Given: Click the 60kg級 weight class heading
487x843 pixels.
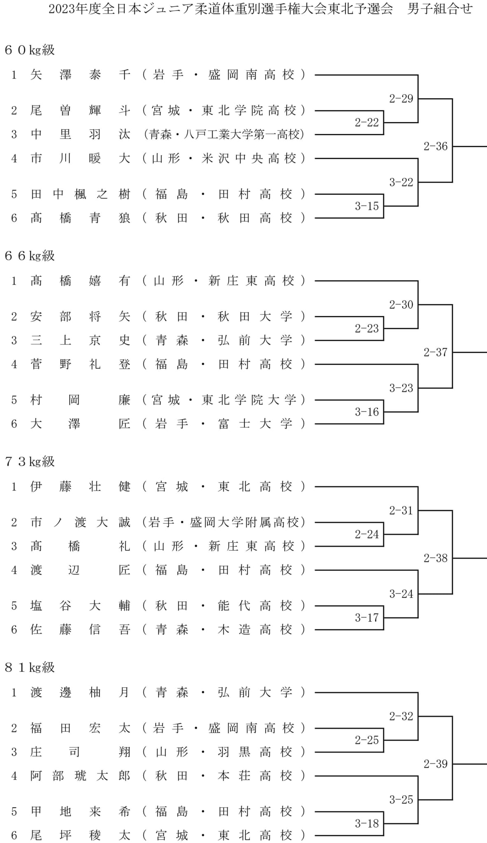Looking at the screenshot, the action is (x=30, y=50).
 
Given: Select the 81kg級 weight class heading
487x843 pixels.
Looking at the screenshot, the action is (x=30, y=668).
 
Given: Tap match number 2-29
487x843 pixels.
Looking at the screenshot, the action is (x=401, y=98).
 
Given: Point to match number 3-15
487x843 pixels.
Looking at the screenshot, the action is (x=367, y=206).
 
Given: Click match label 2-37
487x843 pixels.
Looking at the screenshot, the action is (x=436, y=352).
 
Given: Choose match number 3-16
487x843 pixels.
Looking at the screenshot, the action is (x=367, y=412).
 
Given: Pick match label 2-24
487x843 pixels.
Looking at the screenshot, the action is (x=367, y=534).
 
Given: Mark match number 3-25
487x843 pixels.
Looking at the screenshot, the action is (x=401, y=799).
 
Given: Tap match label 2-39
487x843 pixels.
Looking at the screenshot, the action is (x=436, y=764).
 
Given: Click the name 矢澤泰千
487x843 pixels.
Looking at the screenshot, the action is (x=80, y=75).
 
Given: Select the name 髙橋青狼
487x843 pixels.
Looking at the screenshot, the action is (x=80, y=218).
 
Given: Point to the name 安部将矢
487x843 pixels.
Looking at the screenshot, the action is (x=80, y=317).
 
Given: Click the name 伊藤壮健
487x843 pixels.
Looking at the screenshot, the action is (x=80, y=487).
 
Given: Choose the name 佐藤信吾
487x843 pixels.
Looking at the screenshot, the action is (x=80, y=629).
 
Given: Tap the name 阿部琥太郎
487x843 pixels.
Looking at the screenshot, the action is (x=80, y=776).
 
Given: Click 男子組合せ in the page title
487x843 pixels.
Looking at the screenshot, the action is (x=440, y=9).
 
